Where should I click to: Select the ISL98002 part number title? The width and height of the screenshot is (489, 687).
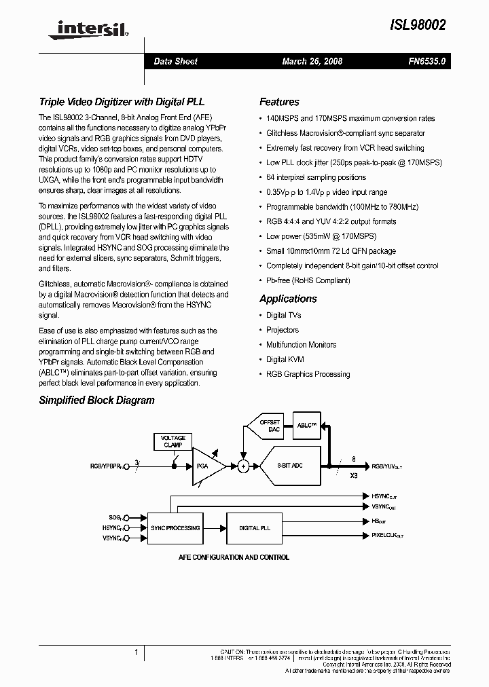(419, 25)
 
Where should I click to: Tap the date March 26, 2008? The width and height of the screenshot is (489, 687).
(312, 61)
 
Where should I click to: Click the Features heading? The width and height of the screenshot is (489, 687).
(279, 102)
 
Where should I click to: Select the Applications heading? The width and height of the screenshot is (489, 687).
(288, 299)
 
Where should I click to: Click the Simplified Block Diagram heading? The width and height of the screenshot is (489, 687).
(96, 401)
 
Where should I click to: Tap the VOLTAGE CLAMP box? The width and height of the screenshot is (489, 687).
(173, 441)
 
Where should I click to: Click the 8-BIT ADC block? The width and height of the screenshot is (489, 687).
(290, 466)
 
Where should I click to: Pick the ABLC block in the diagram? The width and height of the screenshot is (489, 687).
(307, 426)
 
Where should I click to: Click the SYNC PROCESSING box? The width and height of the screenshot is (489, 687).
(175, 527)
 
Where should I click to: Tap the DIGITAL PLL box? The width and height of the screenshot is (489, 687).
(255, 527)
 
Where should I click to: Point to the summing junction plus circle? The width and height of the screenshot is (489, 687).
(242, 466)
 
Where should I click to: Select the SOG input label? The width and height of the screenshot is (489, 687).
(115, 517)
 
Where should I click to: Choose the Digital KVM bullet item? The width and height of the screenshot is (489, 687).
(285, 359)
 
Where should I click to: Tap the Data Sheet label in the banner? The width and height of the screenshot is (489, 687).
(175, 61)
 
